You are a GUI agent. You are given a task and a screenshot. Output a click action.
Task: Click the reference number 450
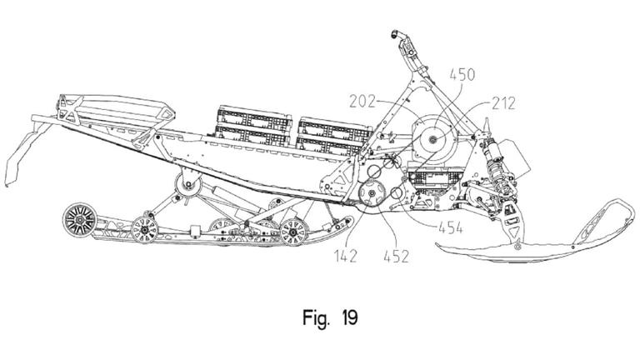coord(462,75)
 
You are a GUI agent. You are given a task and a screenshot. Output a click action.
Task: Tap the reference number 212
coord(503,104)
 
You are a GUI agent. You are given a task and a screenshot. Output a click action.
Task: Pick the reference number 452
coord(396,256)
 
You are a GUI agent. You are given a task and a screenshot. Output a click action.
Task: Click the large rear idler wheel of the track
coord(79,221)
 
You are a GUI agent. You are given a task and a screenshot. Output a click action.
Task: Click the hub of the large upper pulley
coord(432,142)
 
